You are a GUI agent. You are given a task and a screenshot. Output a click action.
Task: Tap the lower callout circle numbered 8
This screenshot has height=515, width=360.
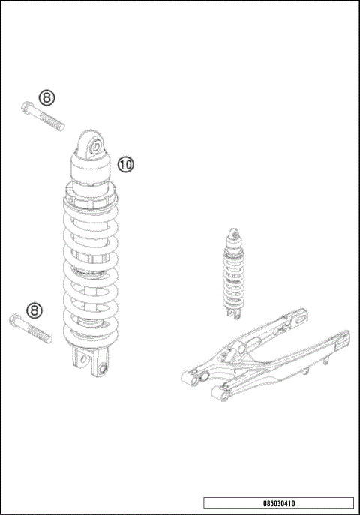[34, 310]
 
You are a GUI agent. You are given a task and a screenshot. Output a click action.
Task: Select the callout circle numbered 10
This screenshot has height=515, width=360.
[125, 163]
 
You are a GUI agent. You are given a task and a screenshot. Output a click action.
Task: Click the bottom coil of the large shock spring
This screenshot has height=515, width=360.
[90, 335]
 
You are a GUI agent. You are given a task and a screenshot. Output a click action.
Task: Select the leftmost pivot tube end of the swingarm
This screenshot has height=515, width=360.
[187, 377]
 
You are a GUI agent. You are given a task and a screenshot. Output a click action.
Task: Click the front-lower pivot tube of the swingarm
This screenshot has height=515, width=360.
[219, 392]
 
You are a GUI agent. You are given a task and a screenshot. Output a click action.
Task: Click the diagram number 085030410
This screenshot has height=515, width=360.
[277, 503]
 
